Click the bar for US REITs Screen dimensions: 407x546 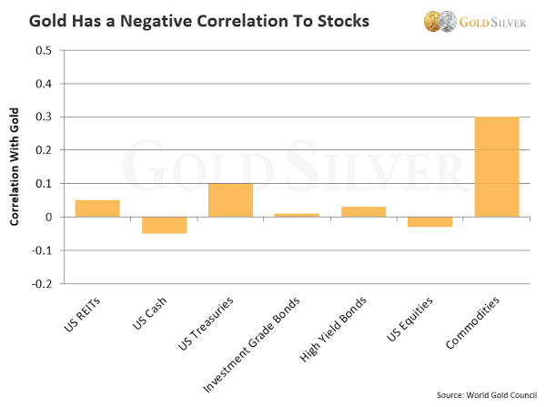click(96, 209)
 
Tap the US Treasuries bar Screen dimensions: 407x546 click(230, 200)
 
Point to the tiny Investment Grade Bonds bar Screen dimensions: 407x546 click(297, 215)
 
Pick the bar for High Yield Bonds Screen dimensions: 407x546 click(363, 212)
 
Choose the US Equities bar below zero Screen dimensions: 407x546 click(430, 221)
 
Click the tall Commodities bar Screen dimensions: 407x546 click(496, 167)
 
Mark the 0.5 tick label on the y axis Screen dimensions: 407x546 click(42, 50)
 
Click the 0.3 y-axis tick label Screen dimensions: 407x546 click(42, 117)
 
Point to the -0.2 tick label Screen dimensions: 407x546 click(40, 283)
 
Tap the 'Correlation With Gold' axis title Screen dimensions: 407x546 click(15, 167)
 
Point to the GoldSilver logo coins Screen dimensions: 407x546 click(439, 20)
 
